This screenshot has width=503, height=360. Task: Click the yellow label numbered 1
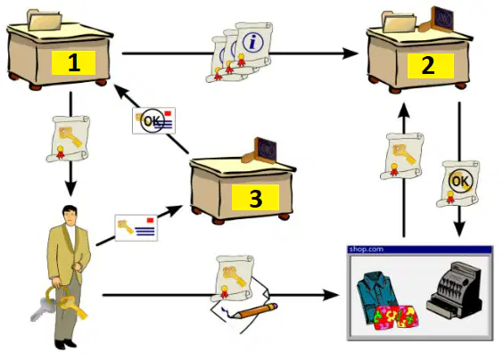click(73, 63)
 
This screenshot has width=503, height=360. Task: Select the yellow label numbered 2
click(431, 65)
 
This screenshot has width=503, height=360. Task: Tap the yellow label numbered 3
click(255, 198)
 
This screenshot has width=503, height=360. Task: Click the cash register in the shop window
click(455, 290)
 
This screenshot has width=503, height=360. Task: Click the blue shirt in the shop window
click(377, 294)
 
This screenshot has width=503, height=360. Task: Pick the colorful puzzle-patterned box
click(397, 317)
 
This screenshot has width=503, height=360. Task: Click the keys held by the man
click(60, 304)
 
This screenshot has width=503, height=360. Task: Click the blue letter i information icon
click(253, 43)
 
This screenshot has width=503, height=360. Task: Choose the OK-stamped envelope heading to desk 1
click(153, 120)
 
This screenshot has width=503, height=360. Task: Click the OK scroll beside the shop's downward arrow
click(458, 184)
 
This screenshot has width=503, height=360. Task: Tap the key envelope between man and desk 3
click(136, 227)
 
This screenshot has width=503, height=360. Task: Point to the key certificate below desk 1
click(69, 138)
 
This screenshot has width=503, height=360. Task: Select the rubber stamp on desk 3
click(260, 151)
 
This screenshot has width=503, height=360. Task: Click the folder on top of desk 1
click(45, 20)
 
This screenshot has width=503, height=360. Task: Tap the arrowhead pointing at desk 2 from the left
click(350, 53)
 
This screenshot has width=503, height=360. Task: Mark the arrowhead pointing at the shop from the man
click(331, 295)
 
